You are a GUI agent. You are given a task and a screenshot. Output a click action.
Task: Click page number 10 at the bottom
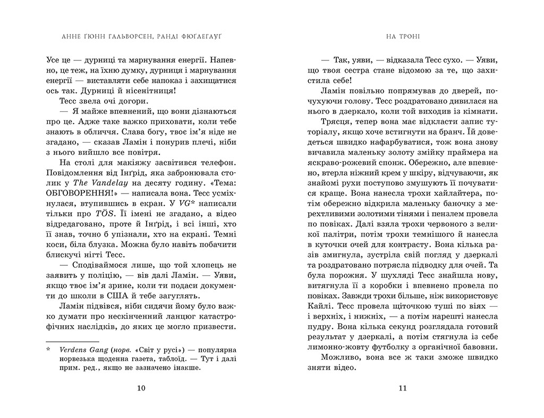[140, 388]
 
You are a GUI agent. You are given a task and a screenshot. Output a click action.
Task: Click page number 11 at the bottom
[402, 388]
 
